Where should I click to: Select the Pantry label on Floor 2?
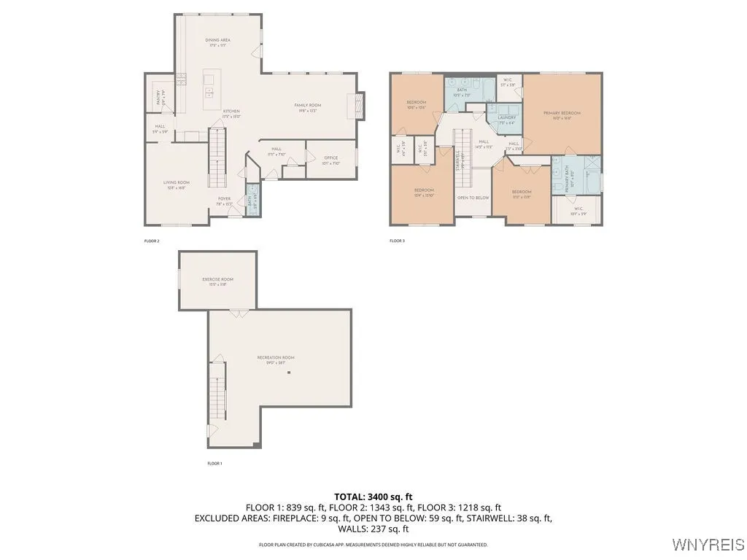coord(159,96)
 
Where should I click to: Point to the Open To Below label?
coord(473,198)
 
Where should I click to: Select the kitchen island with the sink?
coord(209,86)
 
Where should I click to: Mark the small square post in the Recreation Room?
coord(289,373)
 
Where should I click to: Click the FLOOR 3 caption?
coord(397,241)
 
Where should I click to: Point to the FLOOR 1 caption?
coord(214,464)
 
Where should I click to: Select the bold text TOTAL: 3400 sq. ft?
coord(373,497)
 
